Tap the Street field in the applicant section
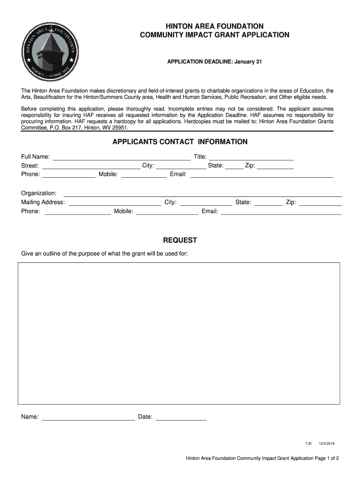click(x=91, y=166)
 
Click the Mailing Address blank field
click(x=115, y=203)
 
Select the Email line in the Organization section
click(x=281, y=211)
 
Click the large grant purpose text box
click(x=179, y=333)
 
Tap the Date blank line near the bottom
click(x=181, y=417)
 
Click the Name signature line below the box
click(x=88, y=417)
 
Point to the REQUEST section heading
click(x=180, y=240)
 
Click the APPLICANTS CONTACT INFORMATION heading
click(x=180, y=142)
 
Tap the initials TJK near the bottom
click(x=308, y=443)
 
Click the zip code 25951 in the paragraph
click(x=120, y=127)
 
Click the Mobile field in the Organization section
click(x=167, y=211)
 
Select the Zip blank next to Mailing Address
click(x=320, y=203)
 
